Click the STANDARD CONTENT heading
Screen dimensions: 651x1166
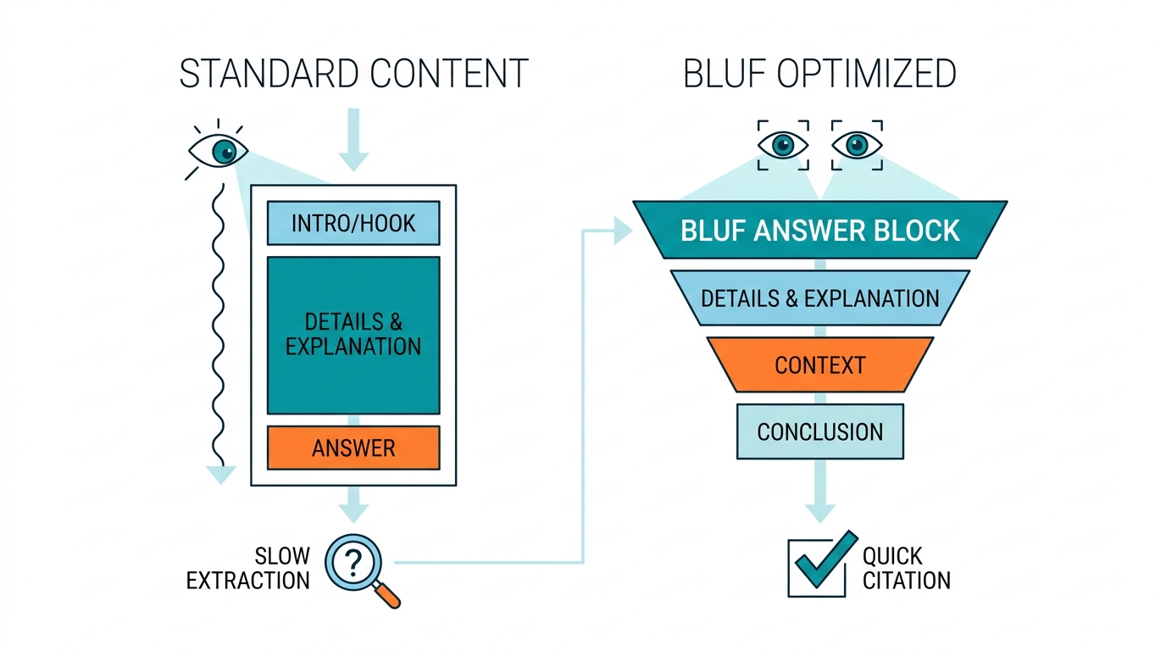(353, 74)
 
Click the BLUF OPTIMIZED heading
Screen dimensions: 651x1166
(819, 74)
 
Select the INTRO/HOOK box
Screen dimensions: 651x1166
(353, 223)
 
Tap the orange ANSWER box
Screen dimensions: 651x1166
(353, 448)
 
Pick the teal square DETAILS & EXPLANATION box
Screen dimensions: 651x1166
(353, 335)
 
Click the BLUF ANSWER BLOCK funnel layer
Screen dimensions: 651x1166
(819, 230)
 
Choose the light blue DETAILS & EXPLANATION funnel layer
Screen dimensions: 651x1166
(819, 298)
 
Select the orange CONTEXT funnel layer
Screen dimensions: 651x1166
(819, 365)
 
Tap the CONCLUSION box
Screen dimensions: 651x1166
(819, 431)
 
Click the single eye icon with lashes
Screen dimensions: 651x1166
(219, 152)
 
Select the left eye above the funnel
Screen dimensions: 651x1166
(782, 144)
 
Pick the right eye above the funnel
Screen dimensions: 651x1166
(857, 144)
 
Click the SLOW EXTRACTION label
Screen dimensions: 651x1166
(247, 569)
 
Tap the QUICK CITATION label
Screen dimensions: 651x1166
(906, 569)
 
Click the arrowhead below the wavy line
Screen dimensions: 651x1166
(220, 474)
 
